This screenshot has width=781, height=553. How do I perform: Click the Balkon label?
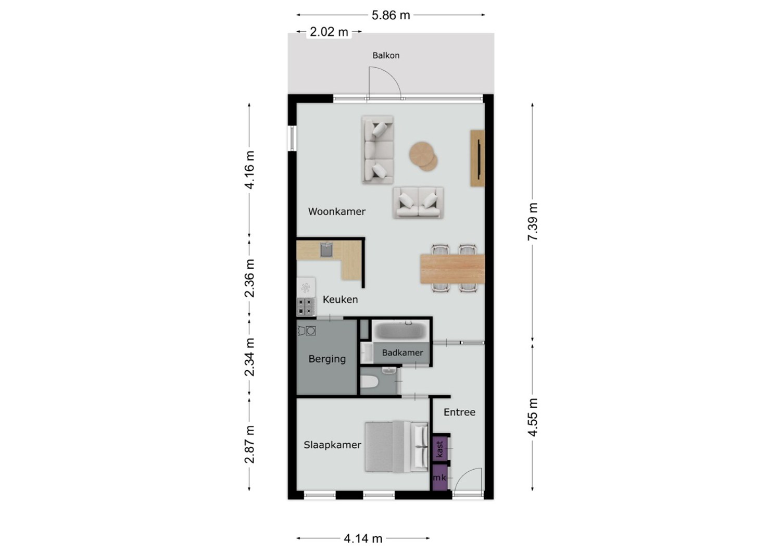pyautogui.click(x=386, y=55)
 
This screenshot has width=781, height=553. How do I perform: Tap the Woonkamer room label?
pyautogui.click(x=337, y=211)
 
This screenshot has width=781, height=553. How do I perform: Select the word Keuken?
pyautogui.click(x=341, y=299)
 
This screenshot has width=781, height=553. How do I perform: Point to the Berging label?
pyautogui.click(x=327, y=359)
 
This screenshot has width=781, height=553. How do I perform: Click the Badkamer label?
pyautogui.click(x=402, y=353)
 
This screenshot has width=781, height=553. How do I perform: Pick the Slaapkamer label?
pyautogui.click(x=332, y=445)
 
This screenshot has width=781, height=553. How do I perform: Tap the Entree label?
pyautogui.click(x=459, y=412)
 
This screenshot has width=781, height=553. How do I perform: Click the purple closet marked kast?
pyautogui.click(x=440, y=449)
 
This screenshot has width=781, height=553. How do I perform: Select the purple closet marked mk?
pyautogui.click(x=440, y=477)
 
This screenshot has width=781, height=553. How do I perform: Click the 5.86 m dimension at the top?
pyautogui.click(x=391, y=15)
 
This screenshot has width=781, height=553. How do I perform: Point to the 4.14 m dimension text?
pyautogui.click(x=363, y=539)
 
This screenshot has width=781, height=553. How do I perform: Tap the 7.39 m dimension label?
pyautogui.click(x=533, y=222)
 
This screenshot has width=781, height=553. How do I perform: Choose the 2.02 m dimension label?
pyautogui.click(x=329, y=32)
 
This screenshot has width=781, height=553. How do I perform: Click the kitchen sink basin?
pyautogui.click(x=326, y=250)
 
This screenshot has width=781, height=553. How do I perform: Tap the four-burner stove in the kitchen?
pyautogui.click(x=306, y=307)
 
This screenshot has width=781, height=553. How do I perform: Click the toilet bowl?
pyautogui.click(x=370, y=382)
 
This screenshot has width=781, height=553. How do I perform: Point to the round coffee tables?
pyautogui.click(x=423, y=157)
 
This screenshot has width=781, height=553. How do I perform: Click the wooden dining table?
pyautogui.click(x=452, y=269)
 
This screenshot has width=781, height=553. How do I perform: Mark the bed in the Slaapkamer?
pyautogui.click(x=396, y=447)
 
